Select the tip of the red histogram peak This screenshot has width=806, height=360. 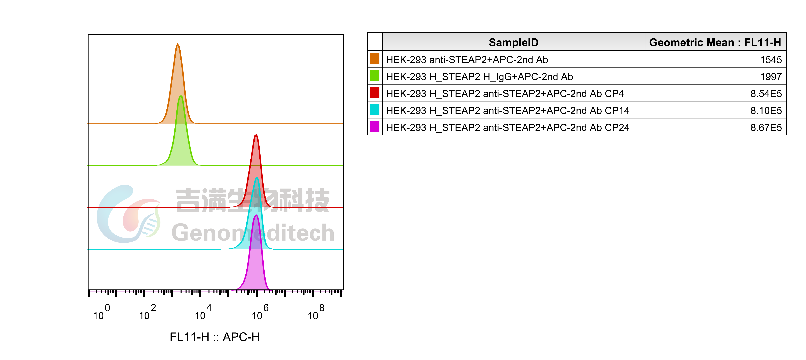pos(256,135)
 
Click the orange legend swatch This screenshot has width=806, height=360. pos(375,58)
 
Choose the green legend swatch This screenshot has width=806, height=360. pos(375,75)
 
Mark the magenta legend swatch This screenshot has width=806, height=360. pos(375,126)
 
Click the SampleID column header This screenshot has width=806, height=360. pos(513,42)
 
